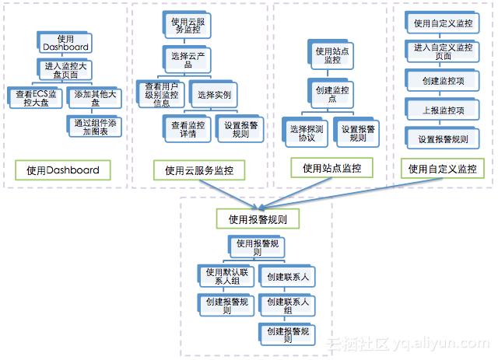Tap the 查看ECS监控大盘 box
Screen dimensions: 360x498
pos(32,97)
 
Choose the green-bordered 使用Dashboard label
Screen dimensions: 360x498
pos(62,170)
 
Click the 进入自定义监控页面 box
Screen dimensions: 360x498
pos(443,52)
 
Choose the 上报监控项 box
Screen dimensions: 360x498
pos(443,110)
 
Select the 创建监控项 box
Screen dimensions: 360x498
pos(443,82)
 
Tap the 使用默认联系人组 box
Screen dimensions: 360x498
pos(226,276)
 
